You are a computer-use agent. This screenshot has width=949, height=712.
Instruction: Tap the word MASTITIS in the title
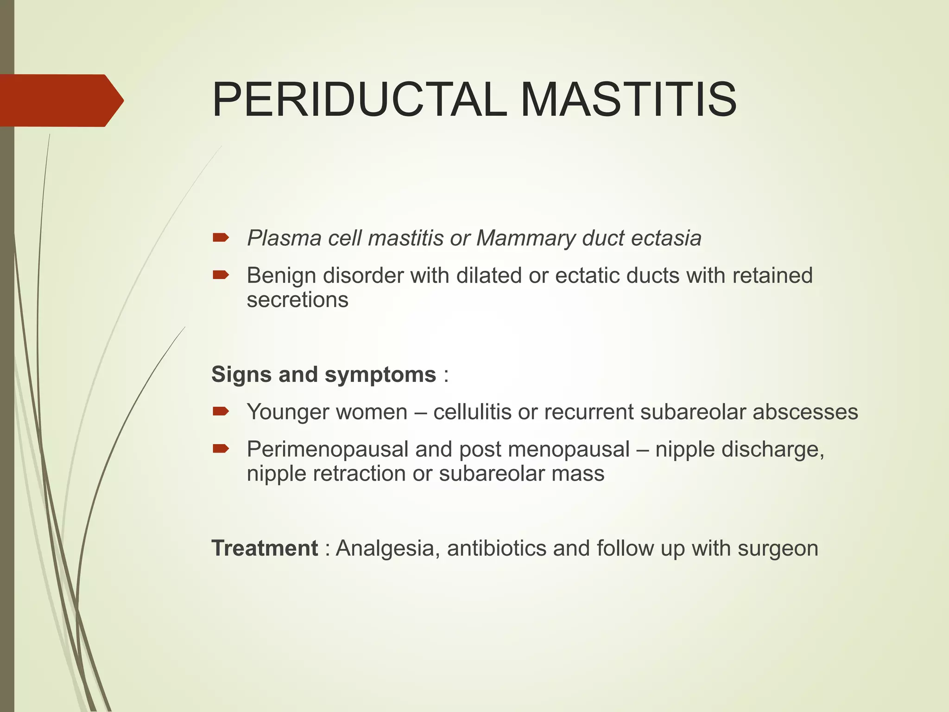pyautogui.click(x=628, y=100)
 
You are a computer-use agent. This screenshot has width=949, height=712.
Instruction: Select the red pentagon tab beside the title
pyautogui.click(x=60, y=100)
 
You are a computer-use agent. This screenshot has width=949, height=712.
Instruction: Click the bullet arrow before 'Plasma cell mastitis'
pyautogui.click(x=221, y=238)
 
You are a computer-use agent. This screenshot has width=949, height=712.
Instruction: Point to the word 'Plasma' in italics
pyautogui.click(x=284, y=238)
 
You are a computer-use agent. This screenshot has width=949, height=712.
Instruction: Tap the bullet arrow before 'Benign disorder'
pyautogui.click(x=221, y=275)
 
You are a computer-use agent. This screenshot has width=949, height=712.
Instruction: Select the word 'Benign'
pyautogui.click(x=281, y=276)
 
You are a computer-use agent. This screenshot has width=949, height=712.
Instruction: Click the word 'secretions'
pyautogui.click(x=297, y=300)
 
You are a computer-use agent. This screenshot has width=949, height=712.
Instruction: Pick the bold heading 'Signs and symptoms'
pyautogui.click(x=323, y=375)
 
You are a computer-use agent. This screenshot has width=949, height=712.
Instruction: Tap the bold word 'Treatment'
pyautogui.click(x=265, y=548)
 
